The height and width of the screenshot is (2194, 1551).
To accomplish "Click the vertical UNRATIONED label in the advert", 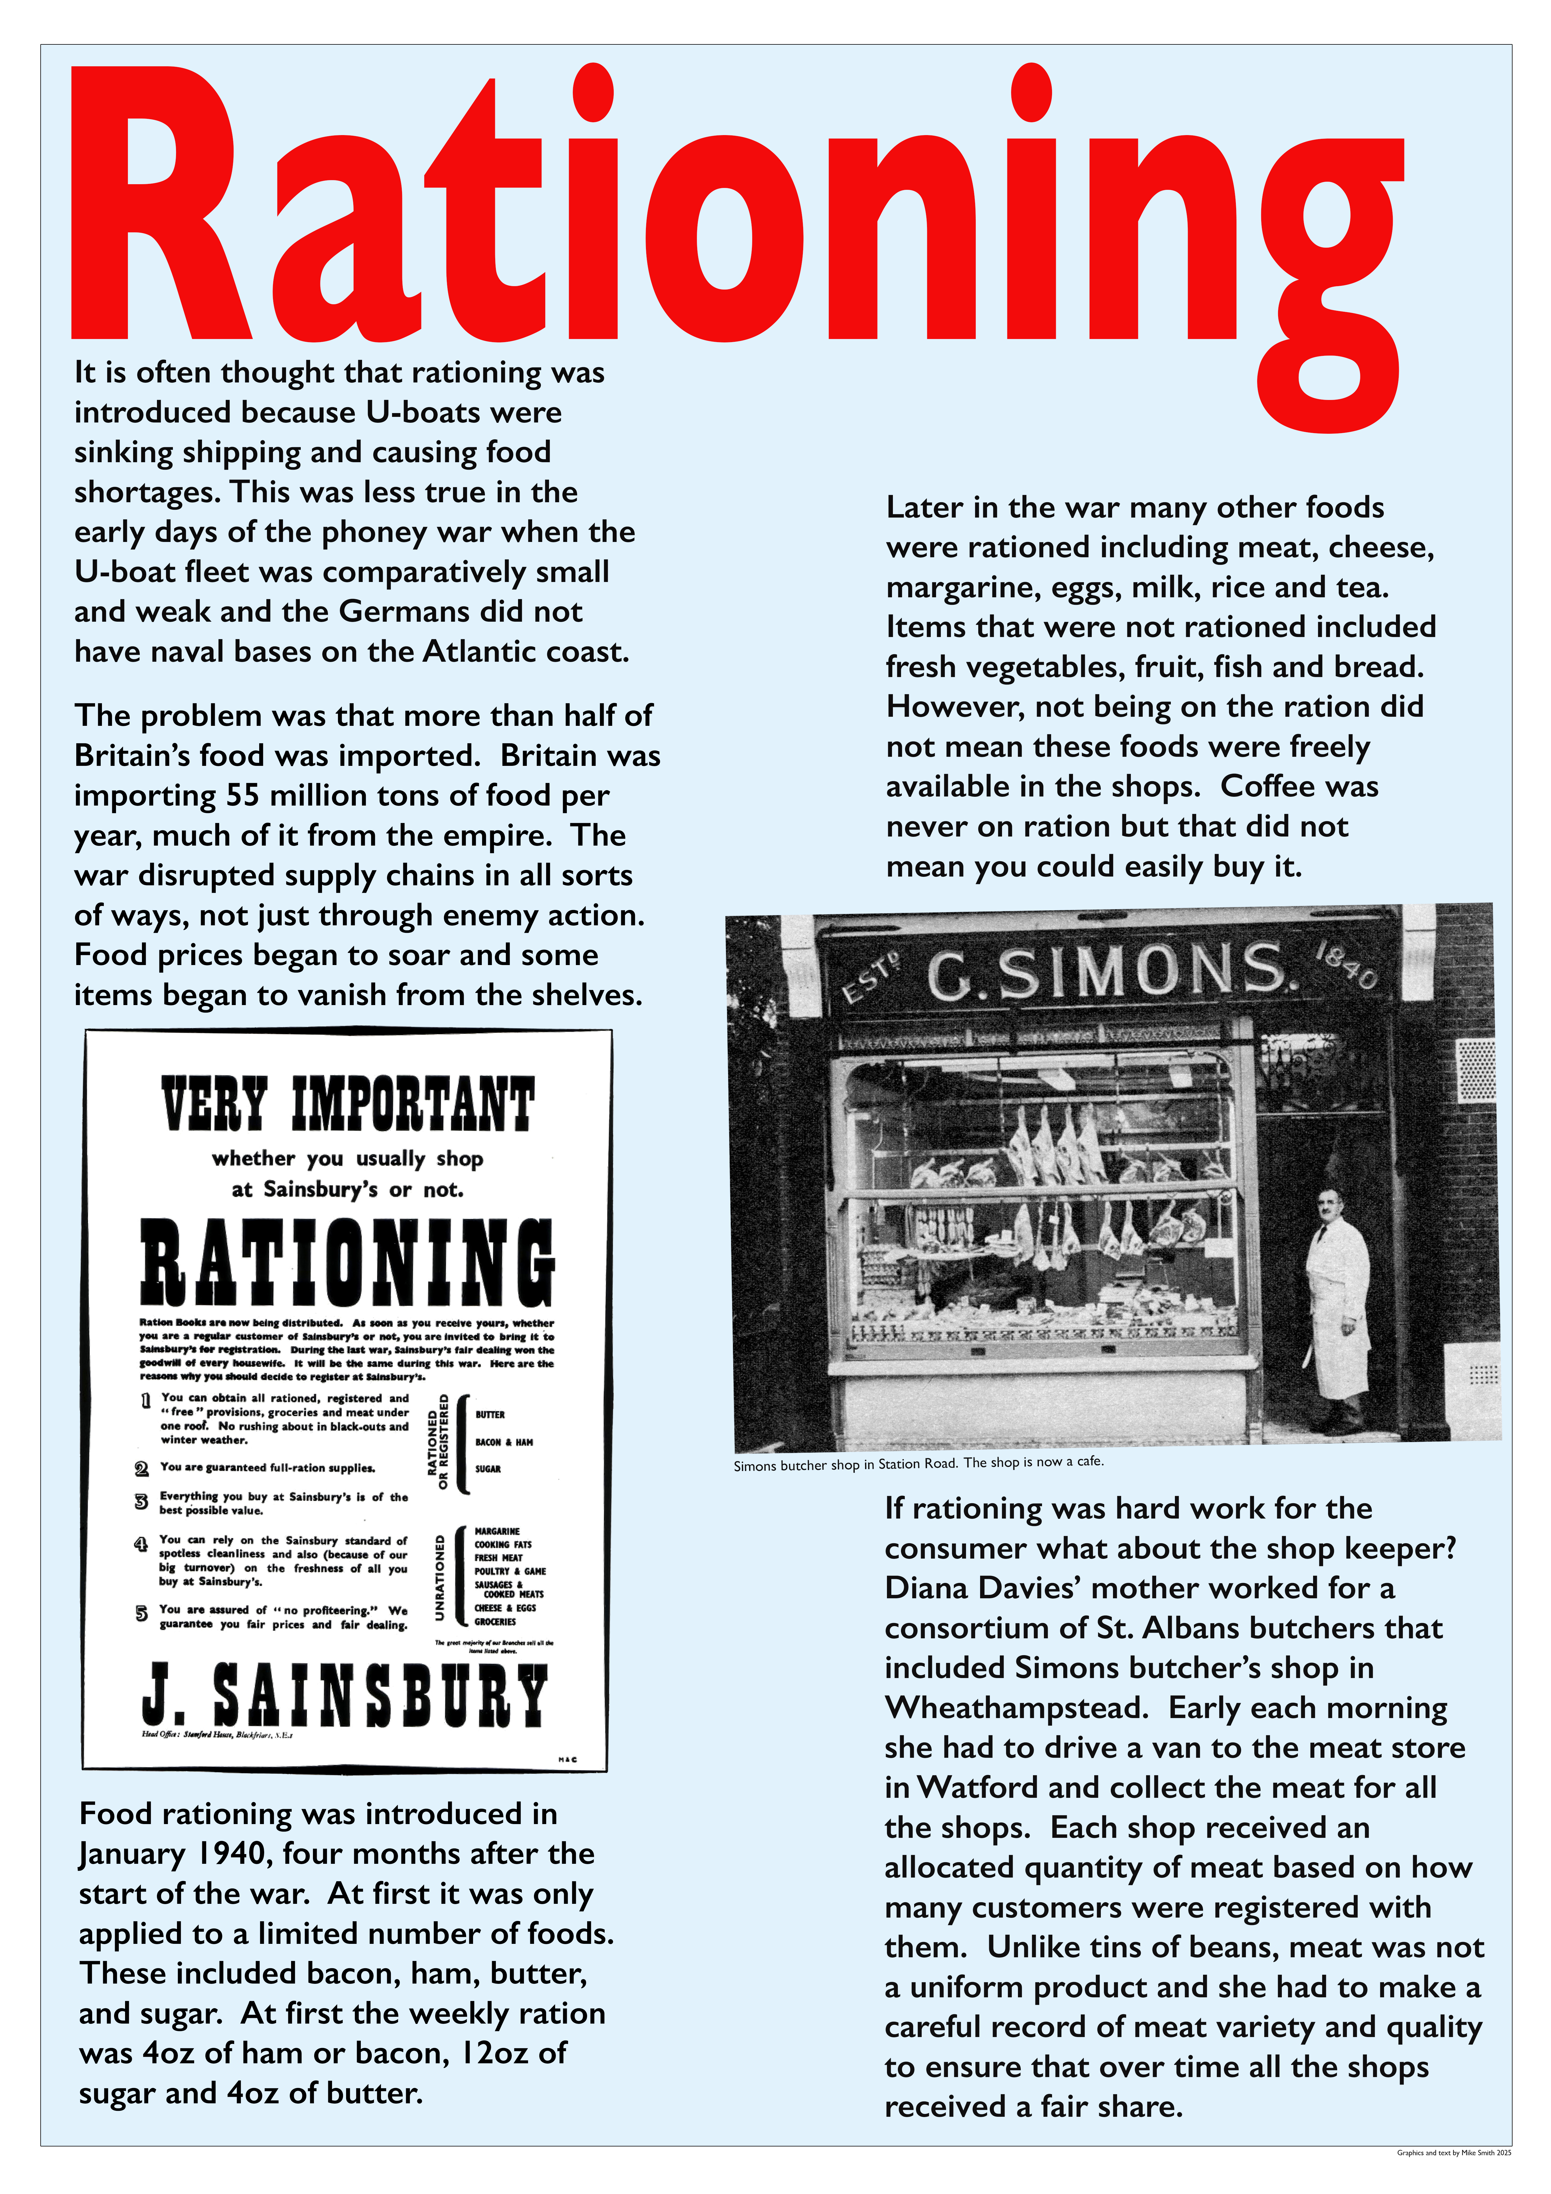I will [440, 1577].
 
